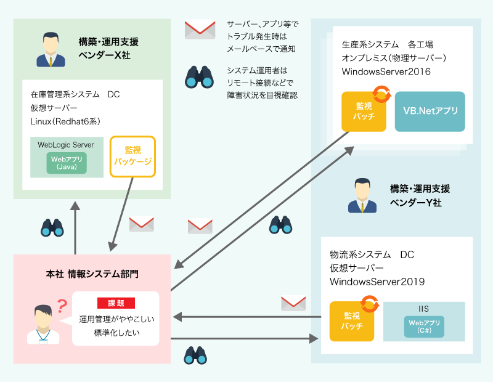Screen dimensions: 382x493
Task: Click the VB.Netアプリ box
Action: (430, 112)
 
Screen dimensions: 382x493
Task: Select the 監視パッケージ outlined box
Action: (132, 156)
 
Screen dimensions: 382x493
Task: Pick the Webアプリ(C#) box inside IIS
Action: (424, 327)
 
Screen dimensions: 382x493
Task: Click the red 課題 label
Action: (116, 303)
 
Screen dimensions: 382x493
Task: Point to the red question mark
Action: (62, 305)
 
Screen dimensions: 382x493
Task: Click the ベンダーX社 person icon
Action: (51, 50)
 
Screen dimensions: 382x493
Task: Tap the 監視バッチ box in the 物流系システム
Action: (352, 321)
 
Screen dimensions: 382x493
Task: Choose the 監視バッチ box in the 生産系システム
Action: (364, 112)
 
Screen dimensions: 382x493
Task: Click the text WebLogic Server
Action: (66, 145)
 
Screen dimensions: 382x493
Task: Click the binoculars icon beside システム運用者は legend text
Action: (200, 77)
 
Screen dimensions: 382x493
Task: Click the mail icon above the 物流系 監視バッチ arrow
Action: (293, 303)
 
